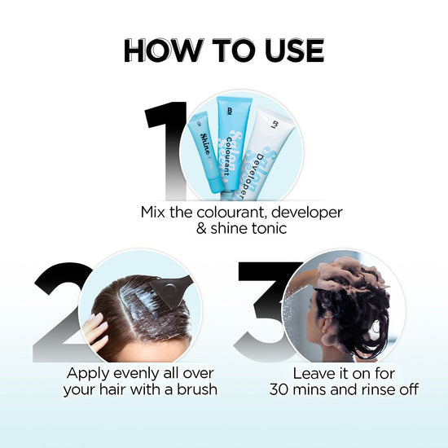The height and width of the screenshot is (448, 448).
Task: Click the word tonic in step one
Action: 266,229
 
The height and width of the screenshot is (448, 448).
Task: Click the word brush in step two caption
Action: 195,389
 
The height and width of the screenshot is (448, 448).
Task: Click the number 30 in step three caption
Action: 282,389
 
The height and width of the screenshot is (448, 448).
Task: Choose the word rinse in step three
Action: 371,389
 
